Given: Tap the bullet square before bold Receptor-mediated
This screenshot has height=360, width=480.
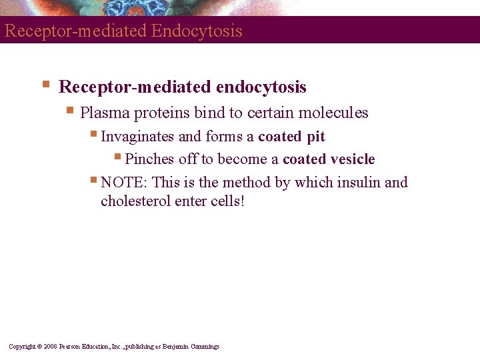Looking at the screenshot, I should [45, 85].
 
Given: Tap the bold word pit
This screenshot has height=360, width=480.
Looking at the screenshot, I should [316, 137].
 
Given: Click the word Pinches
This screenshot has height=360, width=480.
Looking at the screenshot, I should [149, 159].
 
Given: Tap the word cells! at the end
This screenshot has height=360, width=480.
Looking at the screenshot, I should [226, 201].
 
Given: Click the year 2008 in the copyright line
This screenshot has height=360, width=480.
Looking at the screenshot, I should [51, 347].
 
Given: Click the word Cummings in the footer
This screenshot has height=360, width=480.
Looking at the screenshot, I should [204, 347].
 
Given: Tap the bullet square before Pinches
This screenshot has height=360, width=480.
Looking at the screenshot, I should [117, 157].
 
